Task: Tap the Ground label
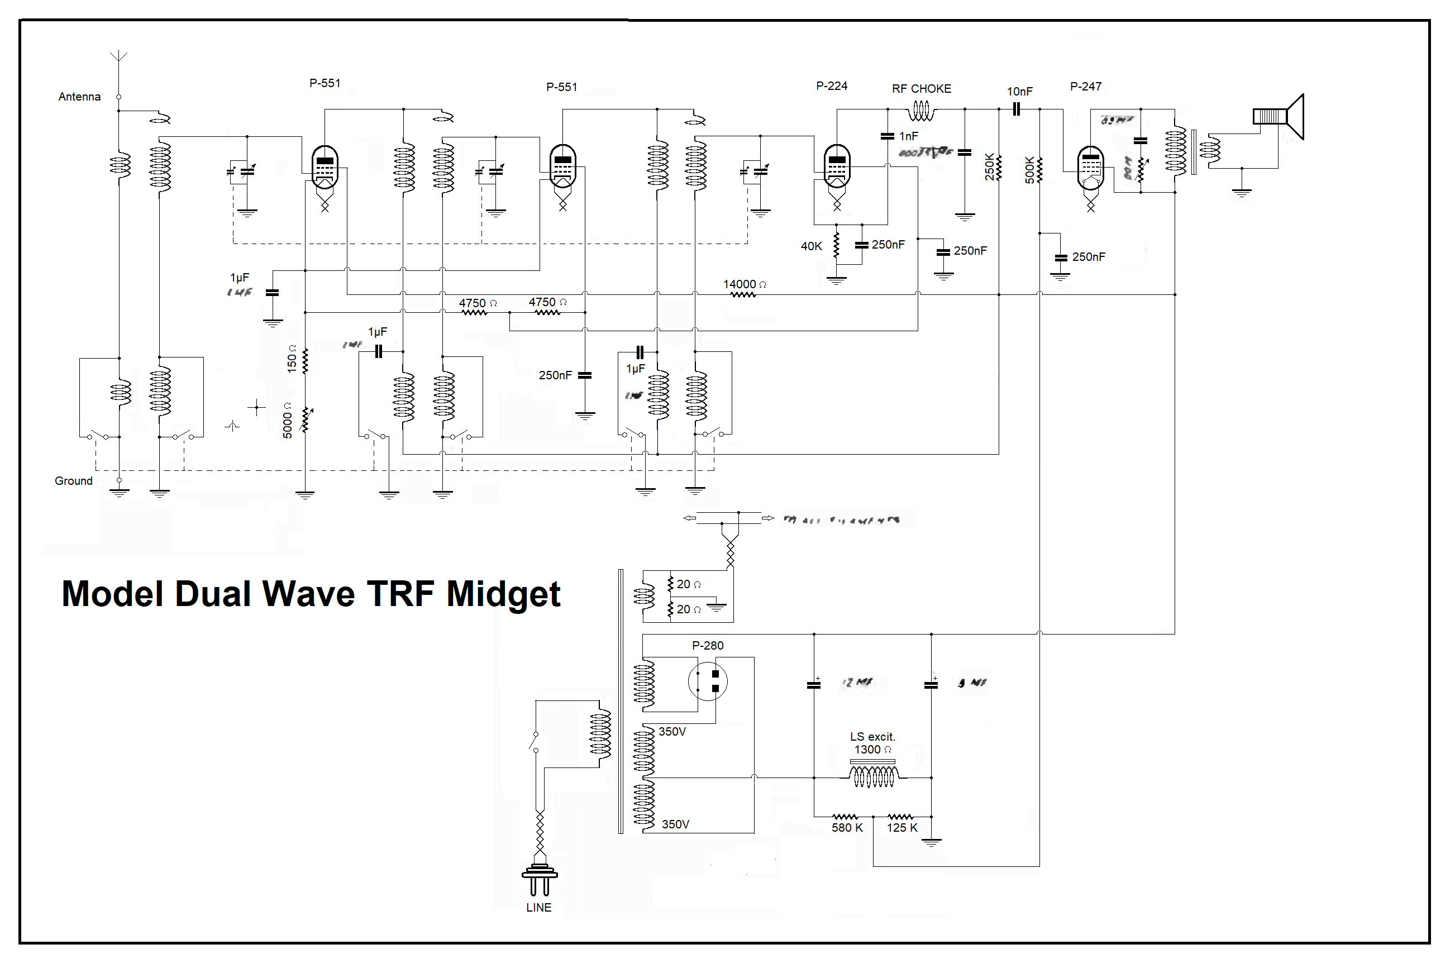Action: click(74, 481)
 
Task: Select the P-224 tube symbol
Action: click(837, 166)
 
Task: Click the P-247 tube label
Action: click(1085, 87)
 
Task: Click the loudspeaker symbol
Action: click(1279, 117)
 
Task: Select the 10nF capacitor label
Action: click(1019, 92)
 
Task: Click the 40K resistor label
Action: click(811, 246)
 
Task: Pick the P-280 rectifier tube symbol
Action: click(708, 681)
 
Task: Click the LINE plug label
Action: click(538, 908)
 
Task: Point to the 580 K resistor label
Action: click(847, 828)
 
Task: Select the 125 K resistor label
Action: click(902, 828)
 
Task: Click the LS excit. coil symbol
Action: click(873, 776)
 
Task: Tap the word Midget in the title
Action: click(503, 594)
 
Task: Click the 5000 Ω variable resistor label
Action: click(288, 421)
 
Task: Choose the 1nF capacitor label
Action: click(908, 136)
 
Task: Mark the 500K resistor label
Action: click(1029, 170)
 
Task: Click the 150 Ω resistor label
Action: click(292, 359)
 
